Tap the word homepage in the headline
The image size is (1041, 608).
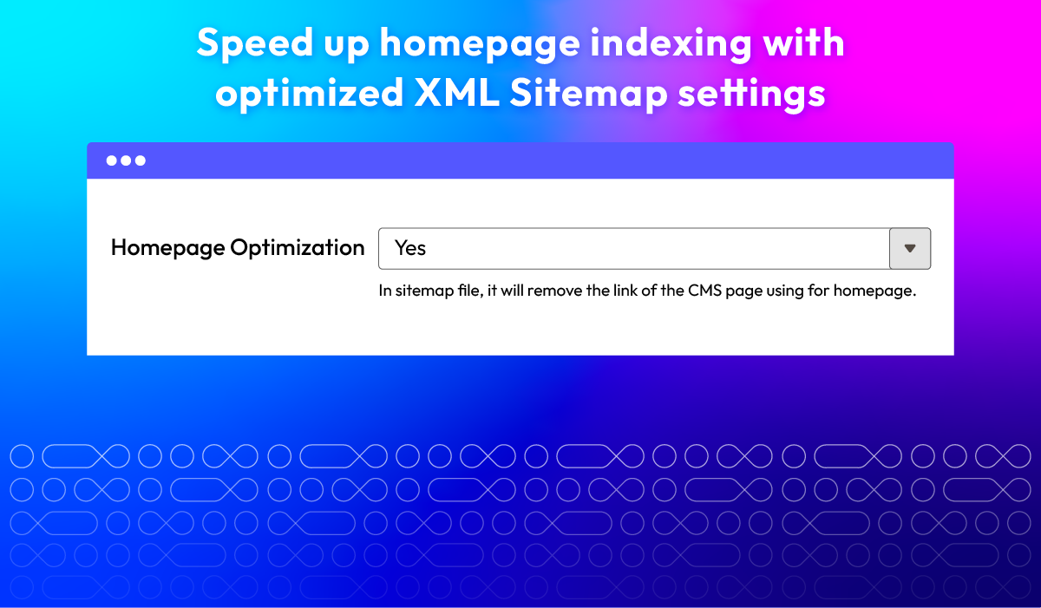click(480, 44)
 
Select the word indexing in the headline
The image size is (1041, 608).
click(671, 44)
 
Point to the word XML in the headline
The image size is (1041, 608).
click(456, 93)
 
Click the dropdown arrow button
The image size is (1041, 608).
click(910, 249)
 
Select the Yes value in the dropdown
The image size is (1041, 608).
click(409, 248)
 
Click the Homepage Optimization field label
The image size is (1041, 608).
click(238, 247)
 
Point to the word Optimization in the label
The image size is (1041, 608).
click(298, 247)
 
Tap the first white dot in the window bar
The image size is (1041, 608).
click(112, 160)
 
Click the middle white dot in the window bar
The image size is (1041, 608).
click(126, 160)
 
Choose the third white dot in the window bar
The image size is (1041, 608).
click(141, 160)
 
